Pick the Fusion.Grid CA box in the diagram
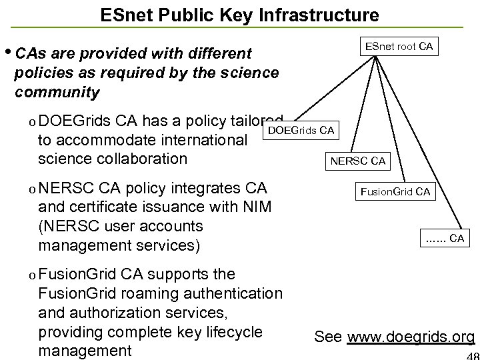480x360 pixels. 395,193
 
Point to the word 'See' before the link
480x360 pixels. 328,336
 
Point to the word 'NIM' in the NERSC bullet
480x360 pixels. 256,206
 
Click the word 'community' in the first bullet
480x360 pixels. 56,91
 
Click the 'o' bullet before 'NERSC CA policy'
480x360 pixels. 24,189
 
